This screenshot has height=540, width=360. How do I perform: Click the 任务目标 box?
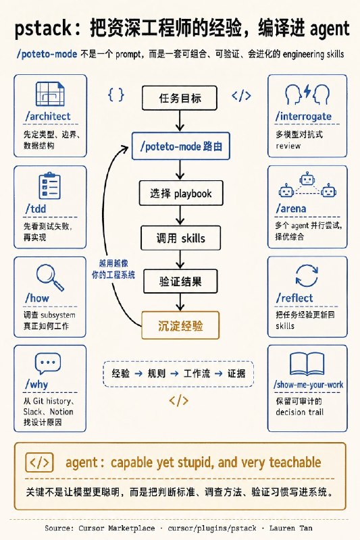tap(180, 98)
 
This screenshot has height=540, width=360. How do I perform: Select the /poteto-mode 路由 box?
tap(181, 146)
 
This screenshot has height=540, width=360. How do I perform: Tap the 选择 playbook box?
tap(181, 193)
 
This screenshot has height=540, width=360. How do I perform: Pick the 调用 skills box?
tap(180, 238)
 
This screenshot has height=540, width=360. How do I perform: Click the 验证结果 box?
tap(180, 281)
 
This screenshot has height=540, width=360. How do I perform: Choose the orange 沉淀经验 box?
tap(180, 325)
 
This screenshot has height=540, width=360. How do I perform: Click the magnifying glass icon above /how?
tap(50, 277)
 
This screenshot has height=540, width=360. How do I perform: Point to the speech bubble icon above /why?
tap(48, 364)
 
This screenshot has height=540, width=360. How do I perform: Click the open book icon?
tap(307, 364)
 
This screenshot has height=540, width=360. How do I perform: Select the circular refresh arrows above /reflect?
tap(307, 275)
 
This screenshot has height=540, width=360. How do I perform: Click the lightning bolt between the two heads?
tap(307, 92)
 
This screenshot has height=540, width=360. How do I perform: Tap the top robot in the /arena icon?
tap(307, 179)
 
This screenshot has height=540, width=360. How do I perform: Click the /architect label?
tap(48, 116)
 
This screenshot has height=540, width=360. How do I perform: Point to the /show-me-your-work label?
tap(308, 385)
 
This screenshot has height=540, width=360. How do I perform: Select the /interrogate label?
tap(303, 116)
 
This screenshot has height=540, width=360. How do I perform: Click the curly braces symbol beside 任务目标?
tap(115, 94)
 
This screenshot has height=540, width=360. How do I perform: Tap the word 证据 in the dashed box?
tap(236, 373)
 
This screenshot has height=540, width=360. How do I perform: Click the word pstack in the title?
tap(43, 28)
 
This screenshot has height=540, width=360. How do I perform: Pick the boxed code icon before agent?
tap(39, 462)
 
